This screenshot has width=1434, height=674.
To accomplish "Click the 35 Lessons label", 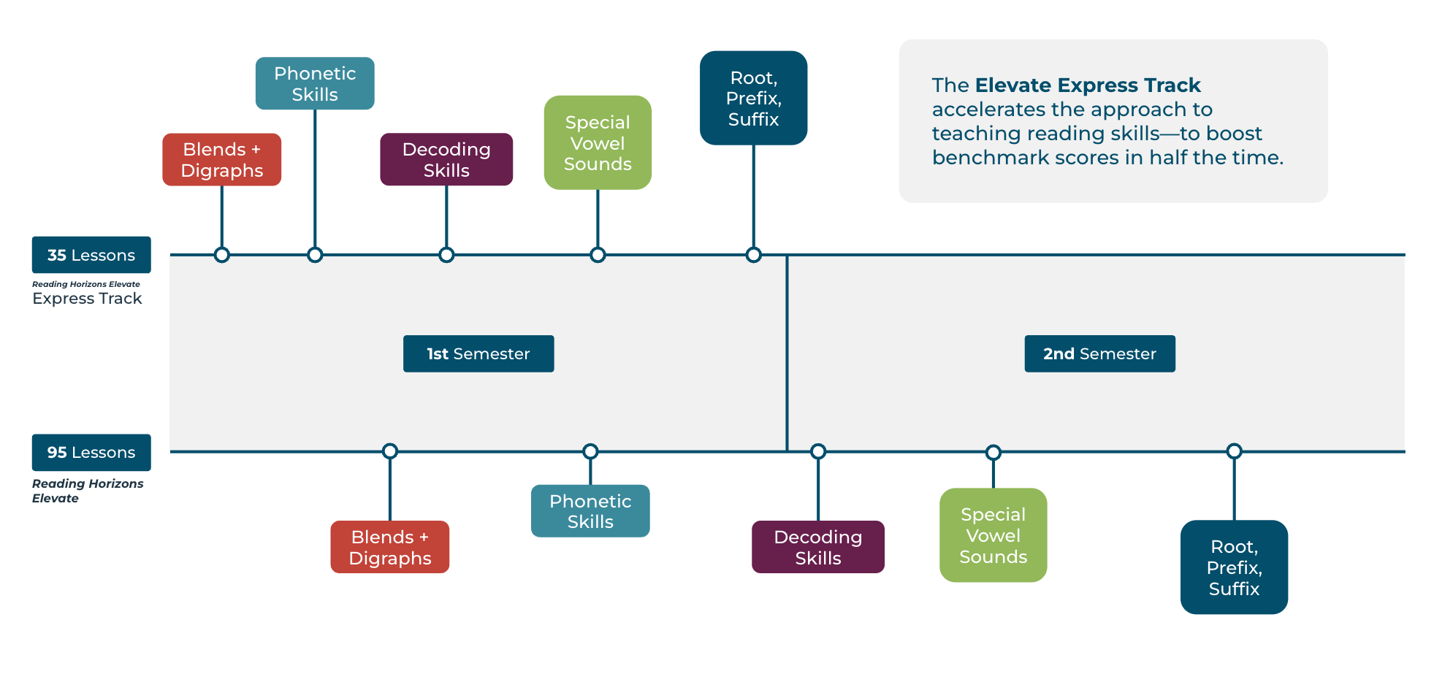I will tap(91, 255).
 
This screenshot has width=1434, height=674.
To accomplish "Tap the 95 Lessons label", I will tap(91, 453).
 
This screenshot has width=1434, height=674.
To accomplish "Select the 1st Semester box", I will tap(478, 354).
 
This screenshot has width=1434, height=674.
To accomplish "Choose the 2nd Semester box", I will tap(1099, 354).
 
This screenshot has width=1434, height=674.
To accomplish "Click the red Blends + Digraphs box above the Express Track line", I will tap(221, 160).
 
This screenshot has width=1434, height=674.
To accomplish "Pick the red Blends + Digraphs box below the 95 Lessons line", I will tap(389, 547).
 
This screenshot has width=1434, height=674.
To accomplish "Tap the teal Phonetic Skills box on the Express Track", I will tap(315, 84).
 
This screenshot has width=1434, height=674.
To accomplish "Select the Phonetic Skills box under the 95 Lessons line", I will tap(590, 511).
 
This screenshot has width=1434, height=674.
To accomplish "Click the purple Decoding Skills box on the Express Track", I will tap(446, 160).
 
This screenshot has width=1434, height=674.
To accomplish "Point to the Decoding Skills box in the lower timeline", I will tap(817, 547).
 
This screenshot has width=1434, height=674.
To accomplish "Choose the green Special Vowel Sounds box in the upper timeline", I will tap(598, 143).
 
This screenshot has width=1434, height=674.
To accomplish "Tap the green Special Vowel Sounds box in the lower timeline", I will tap(993, 535).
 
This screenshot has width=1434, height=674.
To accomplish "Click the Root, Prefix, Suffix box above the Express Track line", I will tap(753, 99).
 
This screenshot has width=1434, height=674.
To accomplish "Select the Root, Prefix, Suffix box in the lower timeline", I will tap(1234, 567).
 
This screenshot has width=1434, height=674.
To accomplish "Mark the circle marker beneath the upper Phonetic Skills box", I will tap(315, 255).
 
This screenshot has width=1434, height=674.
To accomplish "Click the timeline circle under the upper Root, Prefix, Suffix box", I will tap(754, 255).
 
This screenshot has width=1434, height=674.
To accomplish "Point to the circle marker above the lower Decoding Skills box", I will tap(818, 451).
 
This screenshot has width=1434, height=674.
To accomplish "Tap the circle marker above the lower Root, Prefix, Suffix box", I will tap(1234, 451).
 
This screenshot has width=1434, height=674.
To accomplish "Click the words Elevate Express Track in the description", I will tap(1088, 85).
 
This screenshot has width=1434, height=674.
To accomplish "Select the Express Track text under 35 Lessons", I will tap(87, 299).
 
